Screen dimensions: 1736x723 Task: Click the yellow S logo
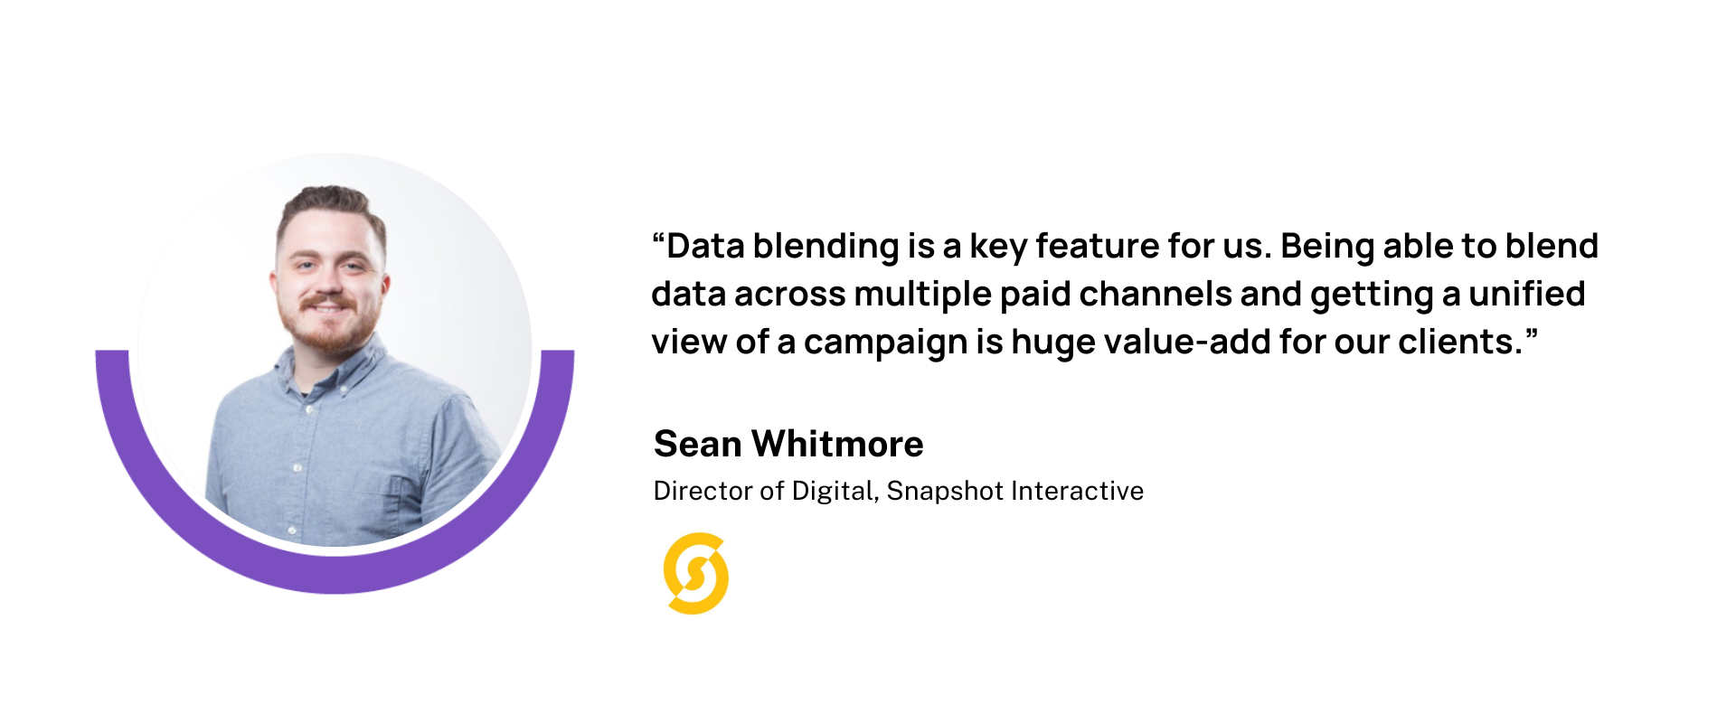(x=695, y=573)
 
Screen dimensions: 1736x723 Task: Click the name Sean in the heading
(x=697, y=444)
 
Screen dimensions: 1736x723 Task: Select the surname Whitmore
(x=837, y=444)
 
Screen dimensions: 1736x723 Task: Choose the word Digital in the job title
(x=835, y=492)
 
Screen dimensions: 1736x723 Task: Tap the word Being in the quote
(x=1327, y=247)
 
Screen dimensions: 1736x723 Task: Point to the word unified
(x=1526, y=294)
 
